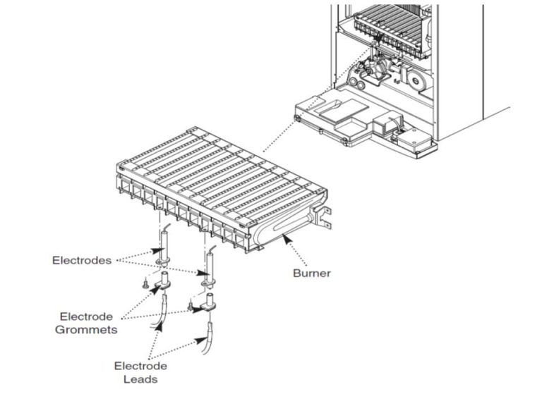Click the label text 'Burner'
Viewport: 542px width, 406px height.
click(311, 273)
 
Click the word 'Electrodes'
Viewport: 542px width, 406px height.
click(81, 260)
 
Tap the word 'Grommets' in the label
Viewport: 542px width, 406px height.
click(86, 329)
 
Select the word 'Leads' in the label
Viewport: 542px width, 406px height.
click(140, 379)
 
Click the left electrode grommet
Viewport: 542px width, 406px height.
click(163, 283)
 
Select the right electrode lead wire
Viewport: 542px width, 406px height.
click(208, 338)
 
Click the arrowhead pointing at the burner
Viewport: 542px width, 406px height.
click(285, 240)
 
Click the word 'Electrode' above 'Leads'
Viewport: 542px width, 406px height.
click(140, 367)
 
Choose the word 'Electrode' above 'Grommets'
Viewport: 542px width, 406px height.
click(86, 316)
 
